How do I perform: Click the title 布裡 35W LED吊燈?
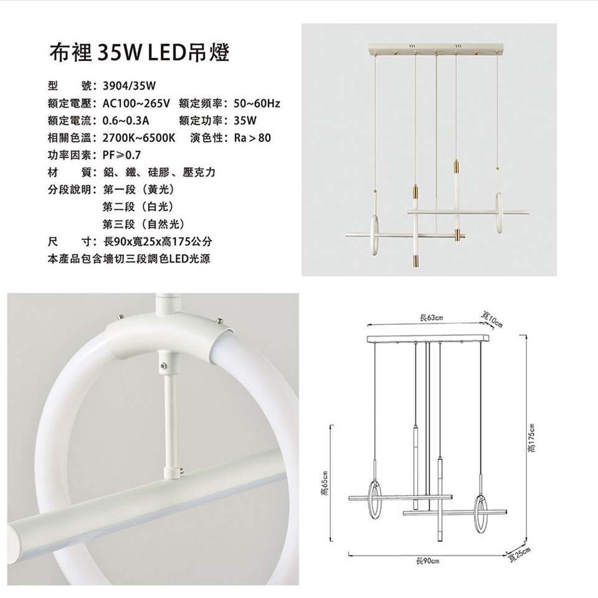point(140,52)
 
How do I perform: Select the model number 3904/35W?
point(130,86)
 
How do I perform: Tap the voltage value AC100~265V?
point(136,103)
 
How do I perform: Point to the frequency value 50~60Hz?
point(257,103)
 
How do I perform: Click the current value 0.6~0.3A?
point(126,120)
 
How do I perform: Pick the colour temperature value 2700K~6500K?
point(139,138)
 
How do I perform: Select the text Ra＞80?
point(252,138)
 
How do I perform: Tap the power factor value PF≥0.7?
point(121,155)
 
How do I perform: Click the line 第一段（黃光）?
point(138,189)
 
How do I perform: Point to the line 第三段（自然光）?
point(144,224)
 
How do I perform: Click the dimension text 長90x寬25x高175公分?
point(158,242)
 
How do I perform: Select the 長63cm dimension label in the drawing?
point(431,317)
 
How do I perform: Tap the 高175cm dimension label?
point(531,439)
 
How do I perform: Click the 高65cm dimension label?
point(324,482)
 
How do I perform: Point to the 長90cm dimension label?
point(427,561)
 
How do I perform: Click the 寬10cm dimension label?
point(492,319)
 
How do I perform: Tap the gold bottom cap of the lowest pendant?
point(415,260)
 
